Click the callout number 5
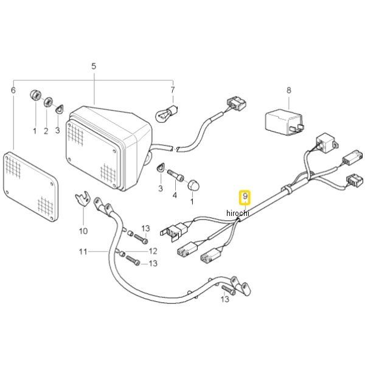(94, 66)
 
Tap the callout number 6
(13, 90)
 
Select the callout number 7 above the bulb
(173, 90)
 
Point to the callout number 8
(288, 90)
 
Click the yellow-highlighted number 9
(245, 197)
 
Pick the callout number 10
(83, 231)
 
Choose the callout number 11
(83, 252)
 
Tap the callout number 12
(153, 251)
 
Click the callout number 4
(175, 195)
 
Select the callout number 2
(46, 131)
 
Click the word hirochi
(237, 213)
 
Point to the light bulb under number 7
(166, 113)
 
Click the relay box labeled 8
(285, 122)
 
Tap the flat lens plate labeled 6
(30, 186)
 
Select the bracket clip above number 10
(82, 198)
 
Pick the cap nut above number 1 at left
(36, 96)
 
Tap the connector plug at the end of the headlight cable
(237, 103)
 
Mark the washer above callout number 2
(48, 102)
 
